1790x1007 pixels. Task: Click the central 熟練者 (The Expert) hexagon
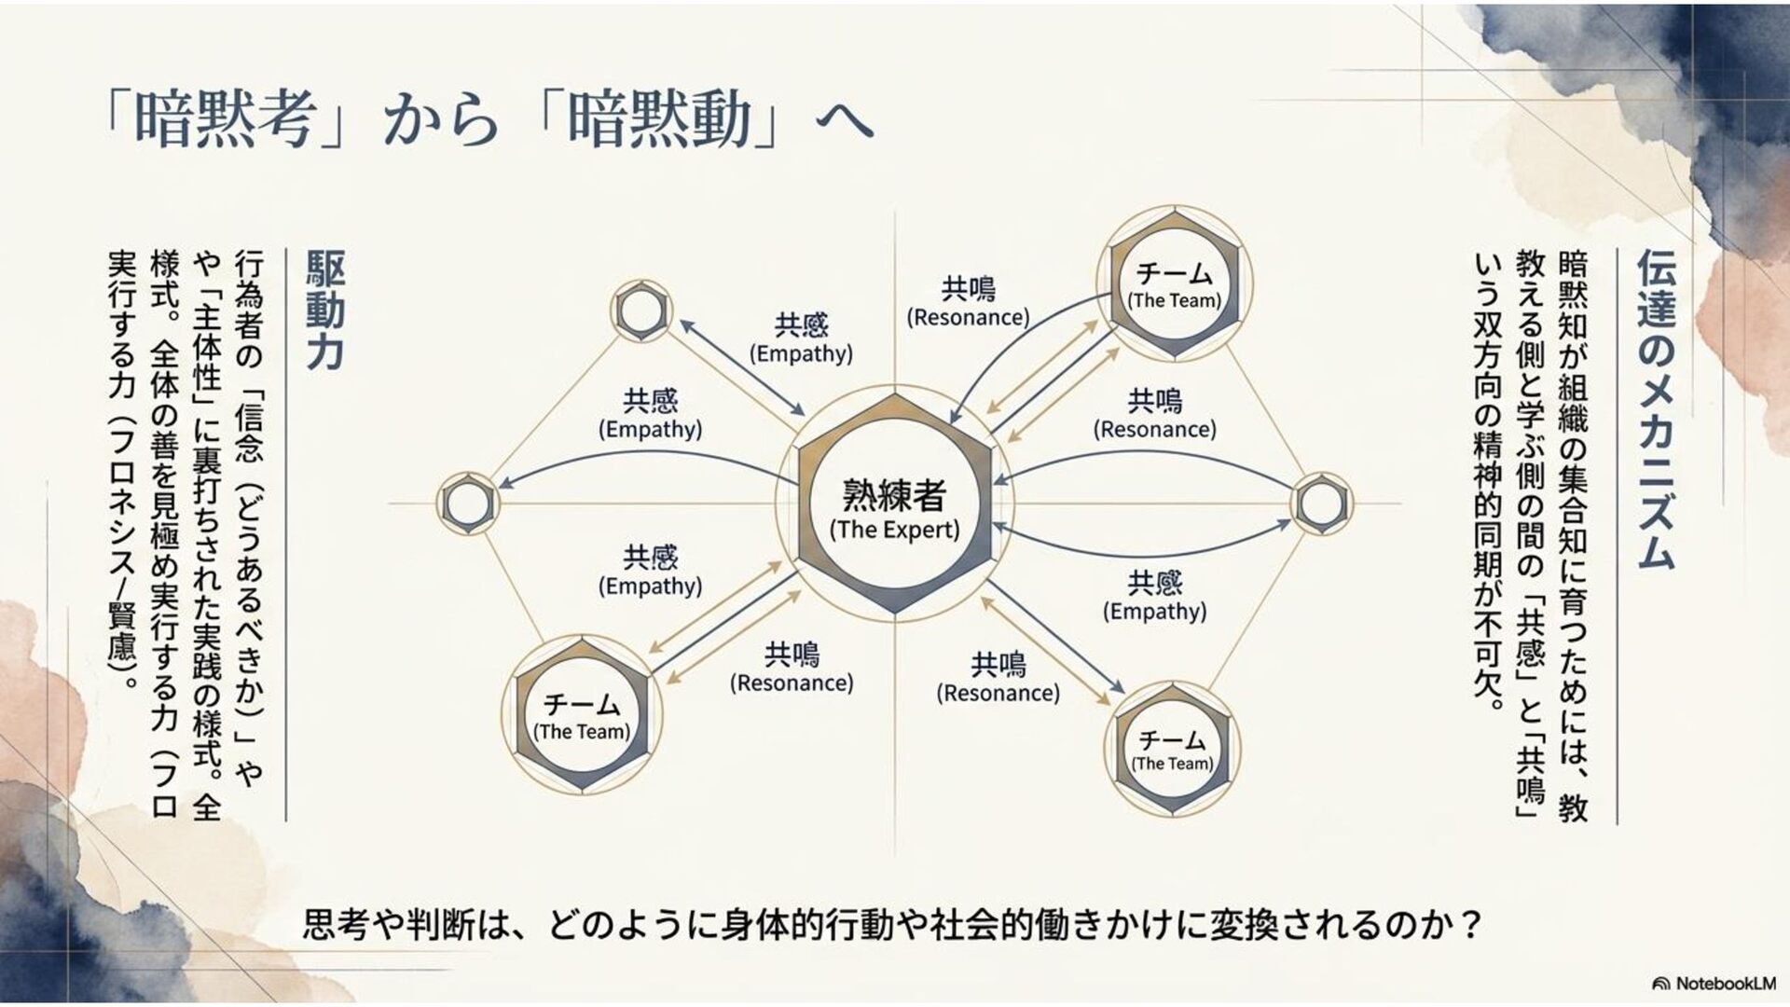point(894,504)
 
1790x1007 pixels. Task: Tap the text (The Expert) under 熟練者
point(894,531)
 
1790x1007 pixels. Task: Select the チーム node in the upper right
point(1174,284)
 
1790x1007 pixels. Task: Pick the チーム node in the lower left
point(582,715)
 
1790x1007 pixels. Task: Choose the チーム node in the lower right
point(1172,749)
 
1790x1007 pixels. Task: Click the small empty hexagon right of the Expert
point(1320,504)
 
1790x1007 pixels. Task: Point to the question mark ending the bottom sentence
point(1472,925)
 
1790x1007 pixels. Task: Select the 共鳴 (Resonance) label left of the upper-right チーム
point(968,302)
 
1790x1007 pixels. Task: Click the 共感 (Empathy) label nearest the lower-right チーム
point(1154,597)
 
